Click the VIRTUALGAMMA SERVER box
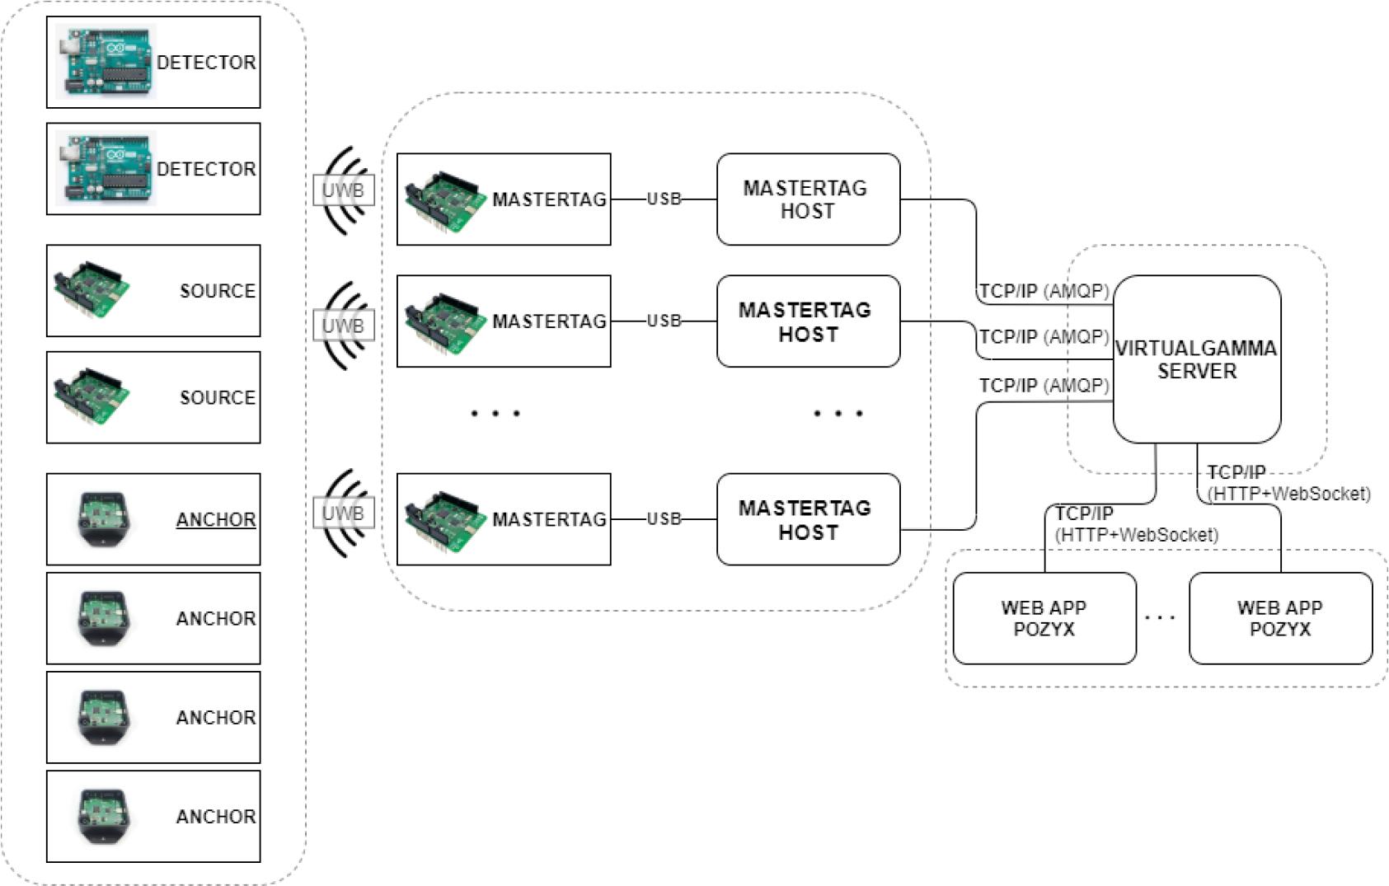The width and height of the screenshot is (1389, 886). pos(1196,359)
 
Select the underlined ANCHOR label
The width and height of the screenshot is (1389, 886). pos(216,520)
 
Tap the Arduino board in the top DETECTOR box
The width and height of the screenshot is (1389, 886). pos(106,63)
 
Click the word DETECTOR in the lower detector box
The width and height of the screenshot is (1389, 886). pos(206,169)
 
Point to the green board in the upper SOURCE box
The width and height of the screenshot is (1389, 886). pos(92,289)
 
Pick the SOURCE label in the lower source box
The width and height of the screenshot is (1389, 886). pos(218,398)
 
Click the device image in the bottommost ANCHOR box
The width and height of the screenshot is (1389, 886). pos(103,816)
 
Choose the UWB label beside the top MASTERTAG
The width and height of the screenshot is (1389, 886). pos(343,190)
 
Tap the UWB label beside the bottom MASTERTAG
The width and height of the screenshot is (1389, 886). pos(343,513)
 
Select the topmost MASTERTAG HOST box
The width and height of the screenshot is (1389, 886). pos(808,199)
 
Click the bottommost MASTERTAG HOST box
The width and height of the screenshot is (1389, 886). pos(808,519)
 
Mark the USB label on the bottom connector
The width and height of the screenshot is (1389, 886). pos(664,519)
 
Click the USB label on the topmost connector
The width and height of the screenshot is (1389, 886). pos(664,199)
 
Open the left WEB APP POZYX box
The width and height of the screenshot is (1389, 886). pos(1044,618)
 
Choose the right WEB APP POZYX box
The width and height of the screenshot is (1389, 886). pos(1280,618)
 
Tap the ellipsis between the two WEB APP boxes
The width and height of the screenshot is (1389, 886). pos(1161,617)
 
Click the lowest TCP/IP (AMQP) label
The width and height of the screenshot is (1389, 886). pos(1044,386)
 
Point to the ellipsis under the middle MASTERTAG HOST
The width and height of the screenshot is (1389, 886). pos(838,413)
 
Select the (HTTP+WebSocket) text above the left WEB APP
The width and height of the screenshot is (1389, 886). pos(1136,535)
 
